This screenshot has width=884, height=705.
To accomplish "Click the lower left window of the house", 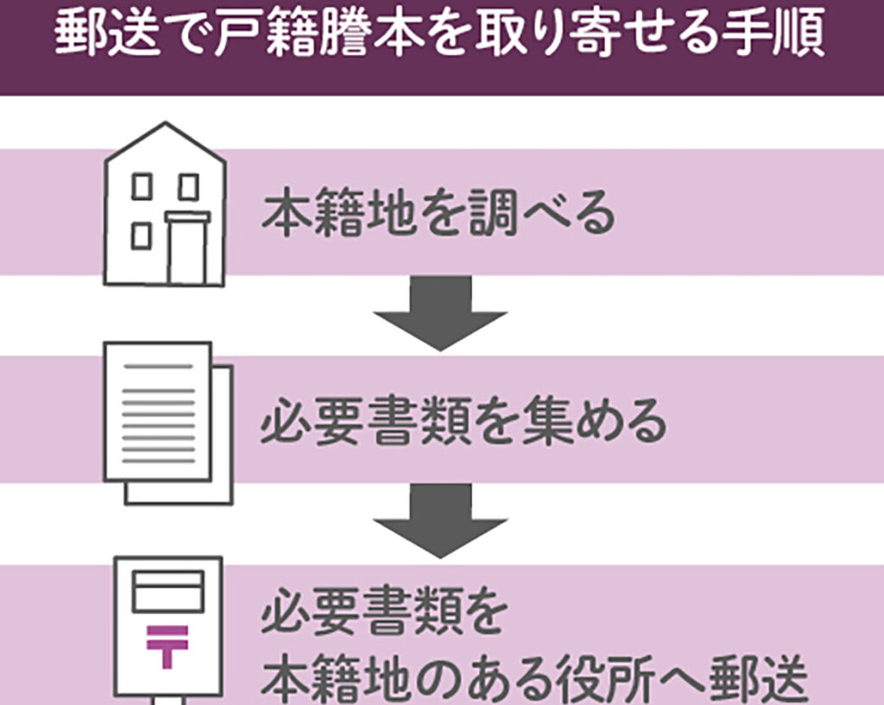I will (x=142, y=236).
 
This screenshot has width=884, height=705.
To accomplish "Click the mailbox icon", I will (x=168, y=630).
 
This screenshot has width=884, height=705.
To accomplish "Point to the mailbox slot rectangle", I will (x=167, y=591).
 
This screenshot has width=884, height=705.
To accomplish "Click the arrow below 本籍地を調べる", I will (x=439, y=312).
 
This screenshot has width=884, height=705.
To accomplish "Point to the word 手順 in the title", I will (x=780, y=35).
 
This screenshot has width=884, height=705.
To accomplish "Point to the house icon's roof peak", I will (x=165, y=124).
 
